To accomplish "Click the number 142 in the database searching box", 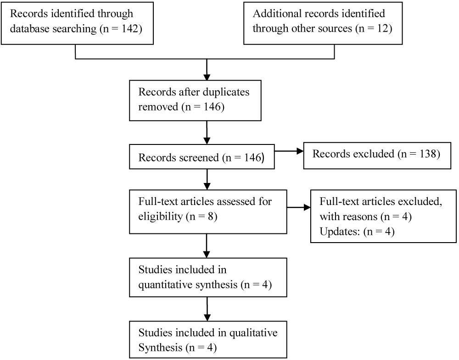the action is [129, 28].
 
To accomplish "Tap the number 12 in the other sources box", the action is [382, 28].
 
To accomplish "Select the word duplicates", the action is [226, 92].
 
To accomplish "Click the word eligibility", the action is [160, 216].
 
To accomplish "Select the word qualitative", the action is [253, 333].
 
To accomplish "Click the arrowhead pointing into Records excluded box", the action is [300, 151].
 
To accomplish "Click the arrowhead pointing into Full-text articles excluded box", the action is [307, 207].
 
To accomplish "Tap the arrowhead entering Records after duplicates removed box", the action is [207, 77].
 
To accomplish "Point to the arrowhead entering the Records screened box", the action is [207, 141].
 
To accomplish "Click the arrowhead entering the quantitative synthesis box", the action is [207, 255].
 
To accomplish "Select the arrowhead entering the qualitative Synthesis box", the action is [207, 318].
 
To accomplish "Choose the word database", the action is [29, 28].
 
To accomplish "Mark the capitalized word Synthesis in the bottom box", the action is [160, 348].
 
